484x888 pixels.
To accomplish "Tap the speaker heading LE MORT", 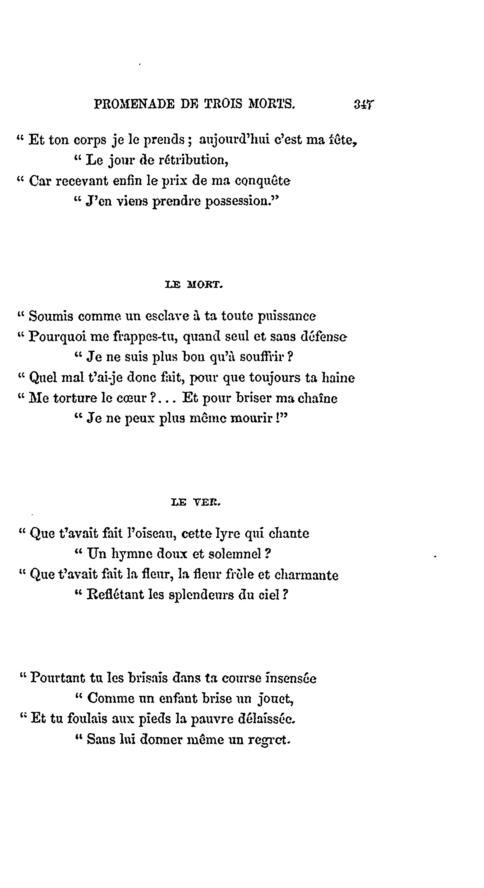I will (194, 285).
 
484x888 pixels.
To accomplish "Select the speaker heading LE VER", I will (195, 503).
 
